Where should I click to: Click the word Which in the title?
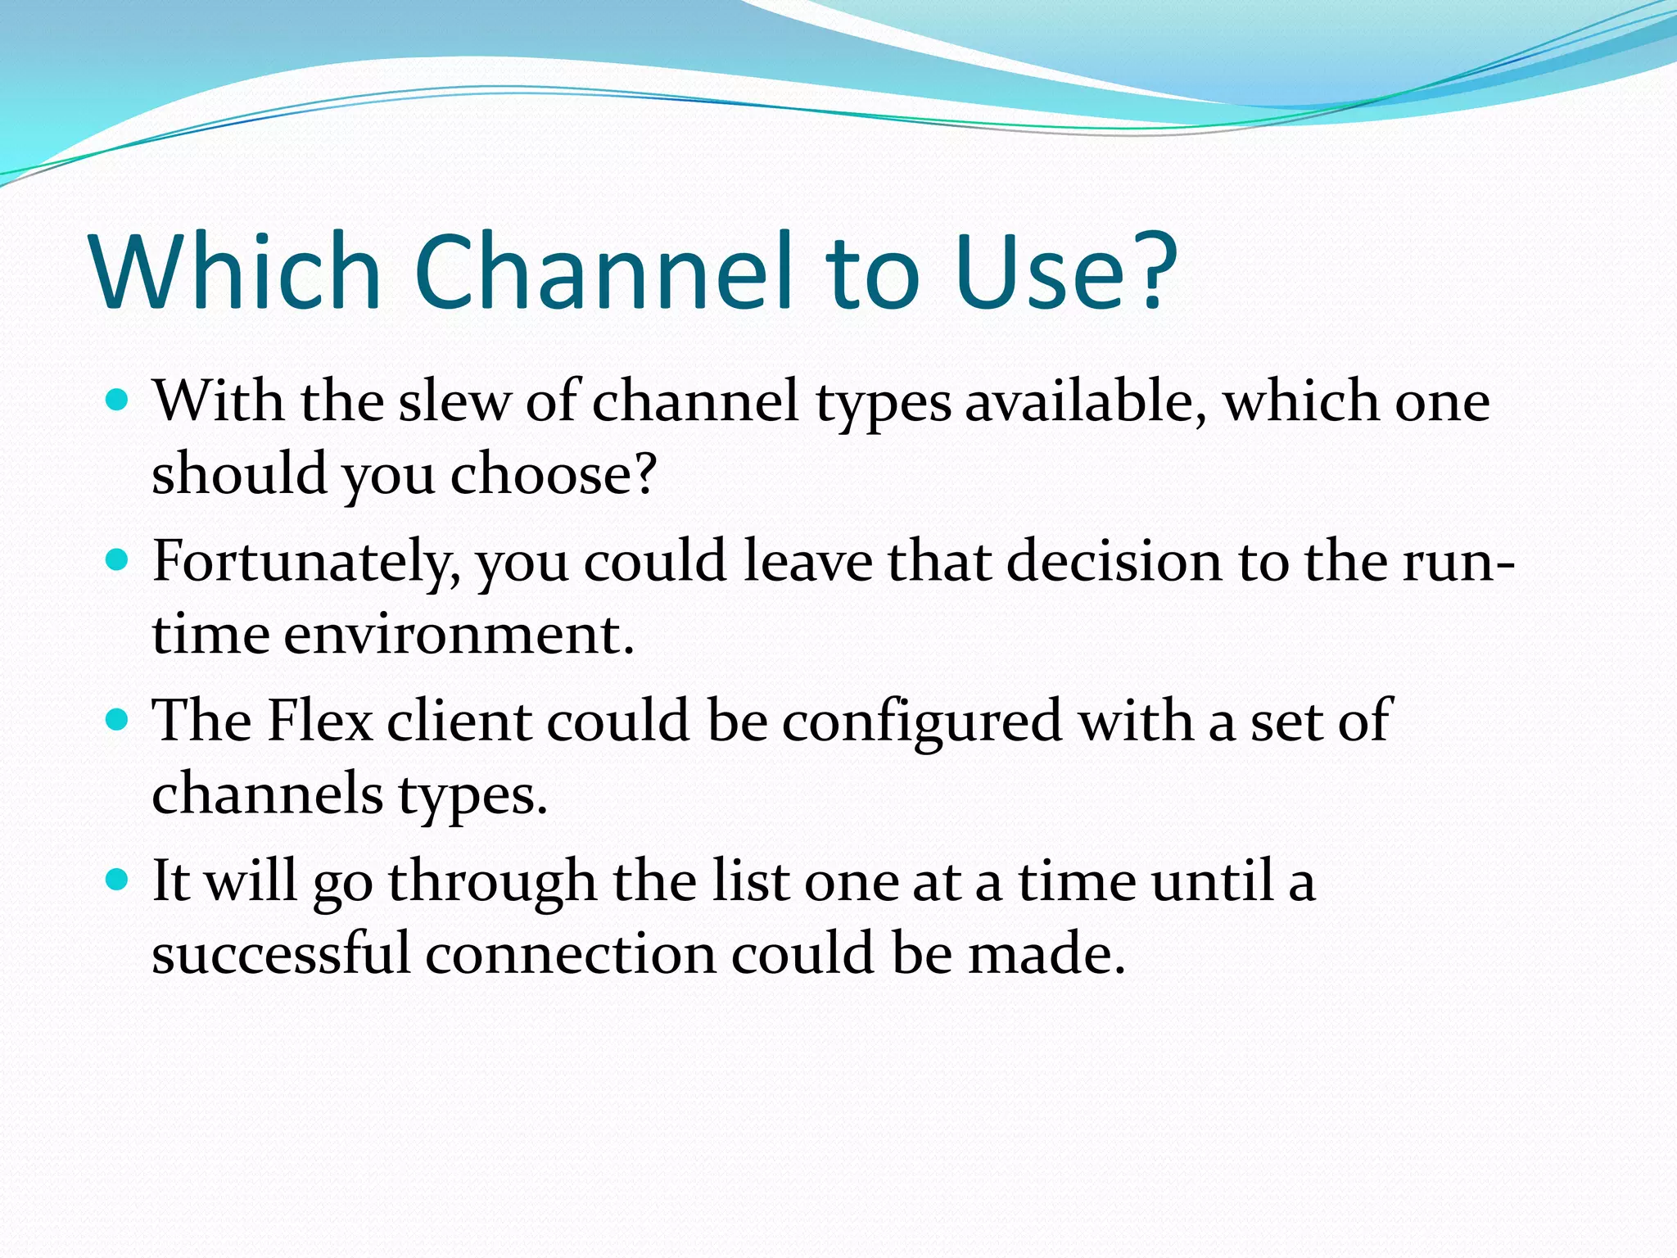[237, 272]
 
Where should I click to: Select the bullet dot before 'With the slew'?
[119, 400]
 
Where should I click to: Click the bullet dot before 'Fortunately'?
[119, 560]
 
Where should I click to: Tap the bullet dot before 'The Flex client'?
[119, 720]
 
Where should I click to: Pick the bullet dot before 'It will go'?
[119, 880]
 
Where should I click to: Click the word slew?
[454, 403]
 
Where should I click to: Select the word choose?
[554, 475]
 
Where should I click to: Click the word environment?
[459, 636]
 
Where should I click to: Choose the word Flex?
[320, 722]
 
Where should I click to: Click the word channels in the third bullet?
[267, 794]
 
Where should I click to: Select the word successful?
[280, 954]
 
